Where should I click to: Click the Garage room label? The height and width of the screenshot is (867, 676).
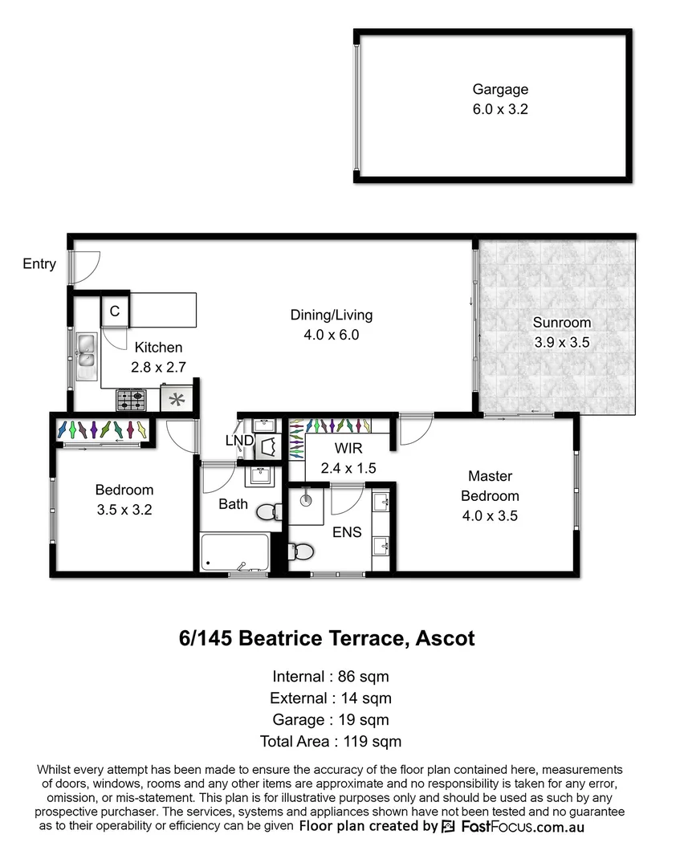pos(499,90)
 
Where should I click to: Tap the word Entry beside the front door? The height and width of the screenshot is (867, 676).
pos(39,264)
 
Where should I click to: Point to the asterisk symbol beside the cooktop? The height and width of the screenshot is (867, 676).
pos(176,397)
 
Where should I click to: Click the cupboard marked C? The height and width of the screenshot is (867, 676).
pos(115,311)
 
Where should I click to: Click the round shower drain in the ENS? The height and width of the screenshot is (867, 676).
pos(306,499)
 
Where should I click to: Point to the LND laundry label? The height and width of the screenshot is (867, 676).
pos(239,441)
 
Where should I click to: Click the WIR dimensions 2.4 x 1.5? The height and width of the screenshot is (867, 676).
pos(348,467)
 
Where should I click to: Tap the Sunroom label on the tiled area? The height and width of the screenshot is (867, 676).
pos(562,323)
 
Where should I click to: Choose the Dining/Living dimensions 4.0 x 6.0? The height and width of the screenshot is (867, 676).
pos(331,335)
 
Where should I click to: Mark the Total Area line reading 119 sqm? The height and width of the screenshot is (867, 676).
pos(331,742)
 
